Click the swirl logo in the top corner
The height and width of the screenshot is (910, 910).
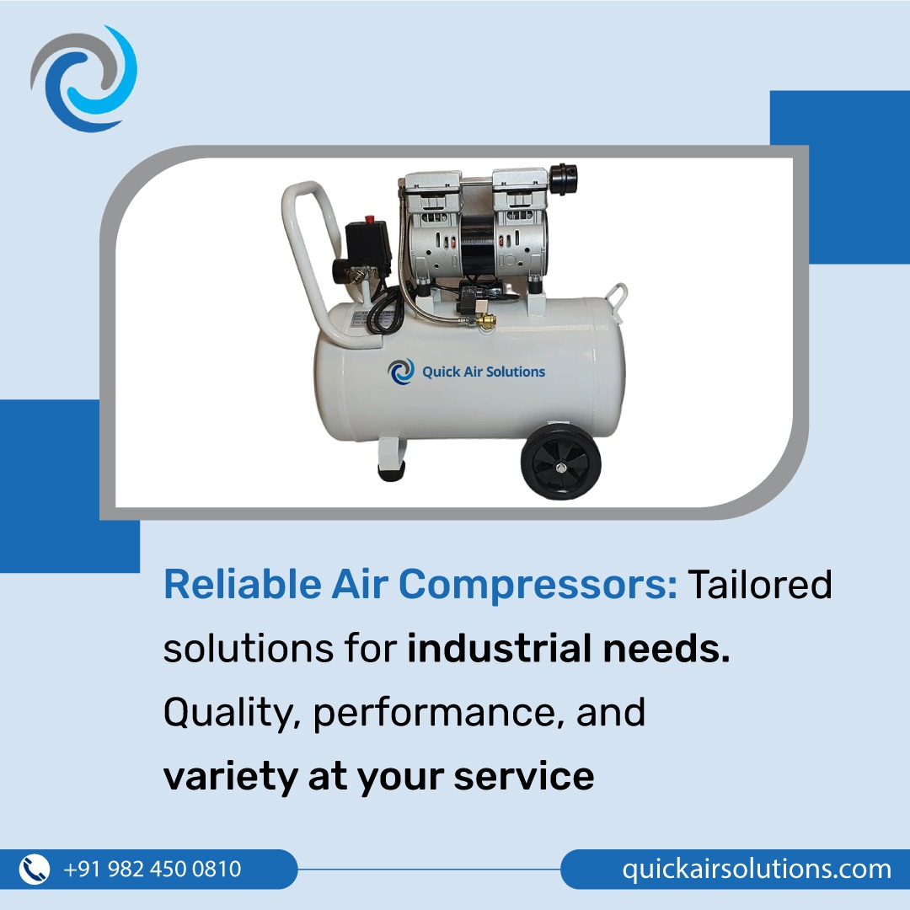[83, 80]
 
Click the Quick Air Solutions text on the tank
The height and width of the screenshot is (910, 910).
[483, 372]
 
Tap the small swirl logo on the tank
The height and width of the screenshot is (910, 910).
[402, 372]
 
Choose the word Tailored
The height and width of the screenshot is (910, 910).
[761, 585]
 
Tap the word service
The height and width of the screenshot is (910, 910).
[524, 776]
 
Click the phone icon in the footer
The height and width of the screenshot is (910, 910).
[35, 869]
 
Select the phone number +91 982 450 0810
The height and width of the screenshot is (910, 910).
[153, 869]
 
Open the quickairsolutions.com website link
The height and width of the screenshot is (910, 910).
[757, 869]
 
